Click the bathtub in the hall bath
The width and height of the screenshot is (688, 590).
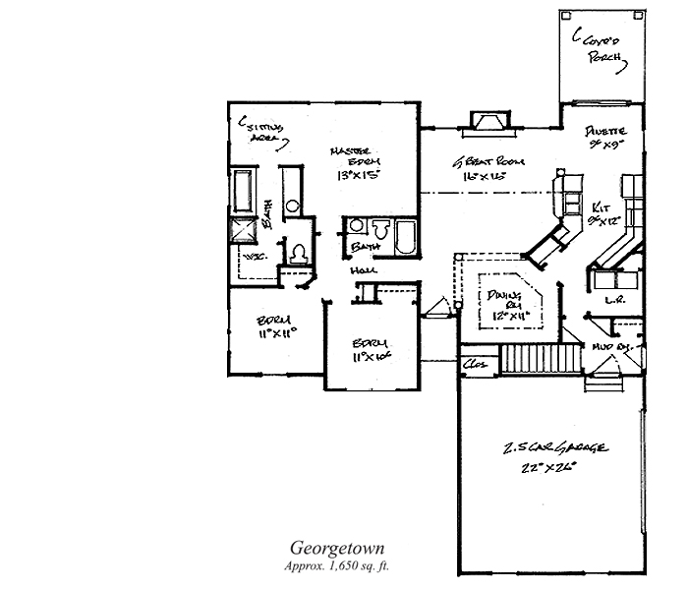(403, 237)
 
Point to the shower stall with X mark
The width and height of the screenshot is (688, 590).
(242, 230)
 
